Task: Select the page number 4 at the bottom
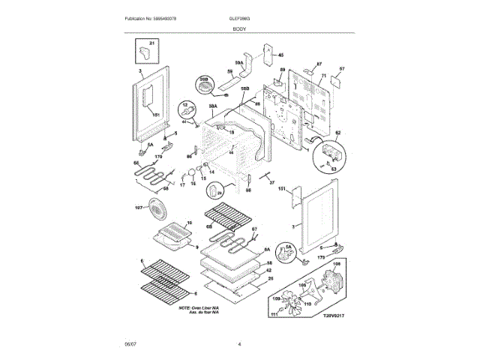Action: click(x=239, y=344)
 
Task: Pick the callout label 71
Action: click(x=324, y=76)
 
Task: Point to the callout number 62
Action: click(x=337, y=133)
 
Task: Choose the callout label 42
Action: click(x=268, y=270)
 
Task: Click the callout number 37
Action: click(x=271, y=182)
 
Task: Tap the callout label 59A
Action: click(x=239, y=63)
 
